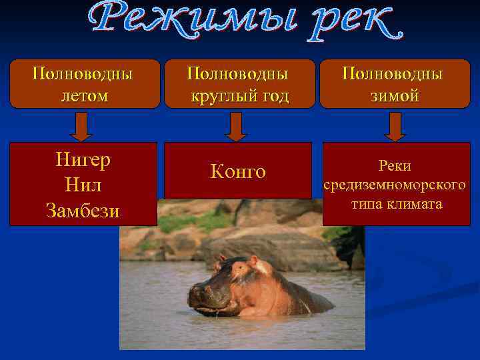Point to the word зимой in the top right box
(395, 96)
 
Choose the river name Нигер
(83, 161)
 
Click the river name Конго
(238, 172)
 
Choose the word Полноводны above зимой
(395, 73)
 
